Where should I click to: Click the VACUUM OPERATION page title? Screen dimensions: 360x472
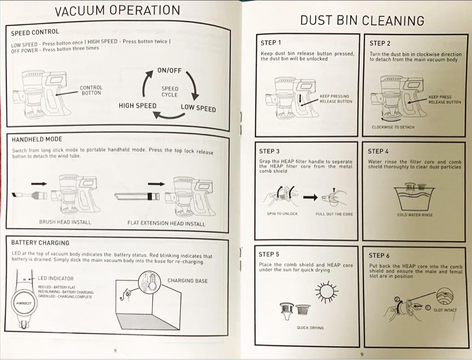point(117,11)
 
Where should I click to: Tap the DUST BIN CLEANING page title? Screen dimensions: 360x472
point(362,21)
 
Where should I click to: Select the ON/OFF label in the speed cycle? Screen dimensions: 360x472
point(169,71)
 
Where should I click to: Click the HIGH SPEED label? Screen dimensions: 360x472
point(137,106)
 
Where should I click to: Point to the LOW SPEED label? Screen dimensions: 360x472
point(198,108)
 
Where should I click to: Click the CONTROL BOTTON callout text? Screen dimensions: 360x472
point(91,90)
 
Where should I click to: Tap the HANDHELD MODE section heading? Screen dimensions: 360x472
point(37,139)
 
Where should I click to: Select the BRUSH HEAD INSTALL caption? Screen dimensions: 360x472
point(65,222)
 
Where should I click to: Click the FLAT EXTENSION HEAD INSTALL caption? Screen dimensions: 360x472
point(166,224)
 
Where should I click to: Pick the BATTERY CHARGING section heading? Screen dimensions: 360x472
point(40,242)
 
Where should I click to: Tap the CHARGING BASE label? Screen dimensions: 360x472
point(187,281)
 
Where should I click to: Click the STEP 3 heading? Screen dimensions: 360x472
point(269,151)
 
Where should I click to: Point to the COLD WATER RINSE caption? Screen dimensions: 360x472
point(415,215)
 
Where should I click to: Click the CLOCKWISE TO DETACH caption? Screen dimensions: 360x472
point(393,127)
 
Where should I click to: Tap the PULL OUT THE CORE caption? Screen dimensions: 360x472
point(334,214)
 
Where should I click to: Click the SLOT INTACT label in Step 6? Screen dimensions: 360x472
point(445,310)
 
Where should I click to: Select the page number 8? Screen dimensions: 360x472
point(115,350)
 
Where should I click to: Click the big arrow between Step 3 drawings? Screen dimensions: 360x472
point(311,198)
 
